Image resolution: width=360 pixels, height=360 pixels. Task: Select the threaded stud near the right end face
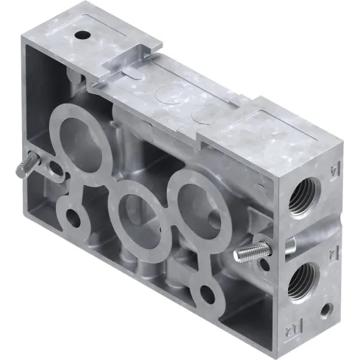[x=249, y=253]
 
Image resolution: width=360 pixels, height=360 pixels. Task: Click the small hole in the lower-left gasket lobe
[x=73, y=218]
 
